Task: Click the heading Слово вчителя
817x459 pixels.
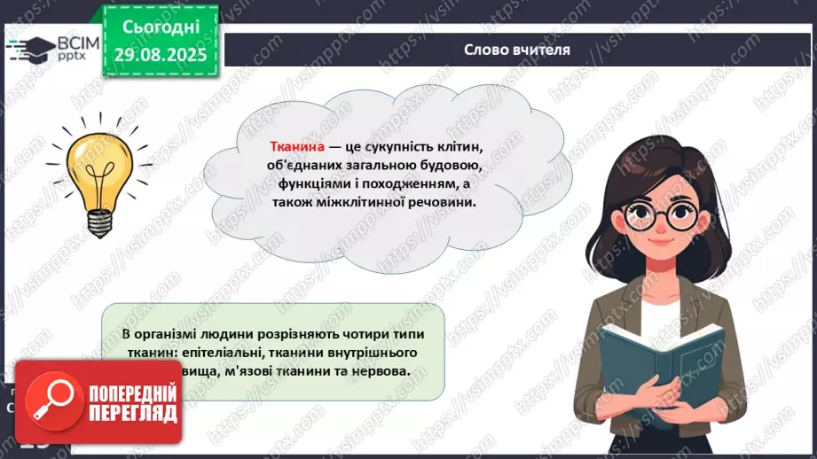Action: click(517, 50)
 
